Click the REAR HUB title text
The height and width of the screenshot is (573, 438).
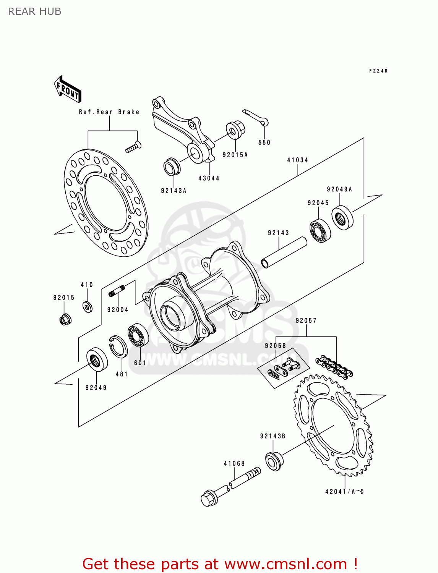(34, 11)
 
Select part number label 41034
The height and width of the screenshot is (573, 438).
(297, 160)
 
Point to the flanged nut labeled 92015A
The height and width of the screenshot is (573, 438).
(235, 130)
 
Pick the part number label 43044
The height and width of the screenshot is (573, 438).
(209, 178)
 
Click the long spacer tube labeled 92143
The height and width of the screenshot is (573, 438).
(284, 253)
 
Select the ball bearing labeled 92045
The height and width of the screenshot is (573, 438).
(320, 230)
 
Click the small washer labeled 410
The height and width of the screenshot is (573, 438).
(88, 306)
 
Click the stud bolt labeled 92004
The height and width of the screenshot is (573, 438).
(117, 291)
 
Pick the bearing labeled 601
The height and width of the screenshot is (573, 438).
(138, 335)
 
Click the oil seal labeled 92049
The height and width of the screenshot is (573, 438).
(97, 359)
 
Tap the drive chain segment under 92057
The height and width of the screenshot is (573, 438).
(334, 367)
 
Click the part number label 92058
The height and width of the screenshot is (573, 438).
(275, 346)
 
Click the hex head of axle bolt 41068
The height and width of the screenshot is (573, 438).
(209, 498)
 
